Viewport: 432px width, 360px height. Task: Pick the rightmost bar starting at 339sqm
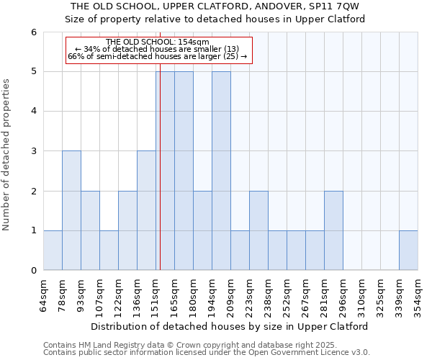[x=408, y=250]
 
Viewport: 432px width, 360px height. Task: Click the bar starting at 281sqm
[x=333, y=230]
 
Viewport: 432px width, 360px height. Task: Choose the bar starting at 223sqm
[x=258, y=230]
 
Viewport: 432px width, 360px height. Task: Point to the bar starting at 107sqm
[x=109, y=250]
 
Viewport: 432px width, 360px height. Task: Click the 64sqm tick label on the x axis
[x=44, y=295]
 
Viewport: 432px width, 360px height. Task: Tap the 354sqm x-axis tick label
[x=418, y=295]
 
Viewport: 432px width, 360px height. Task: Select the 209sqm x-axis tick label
[x=231, y=295]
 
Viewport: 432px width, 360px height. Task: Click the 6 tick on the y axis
[x=33, y=32]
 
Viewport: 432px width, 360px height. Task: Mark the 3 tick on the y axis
[x=33, y=151]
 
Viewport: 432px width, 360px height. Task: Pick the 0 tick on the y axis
[x=33, y=270]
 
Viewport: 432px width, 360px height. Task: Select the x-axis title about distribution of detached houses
[x=230, y=326]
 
